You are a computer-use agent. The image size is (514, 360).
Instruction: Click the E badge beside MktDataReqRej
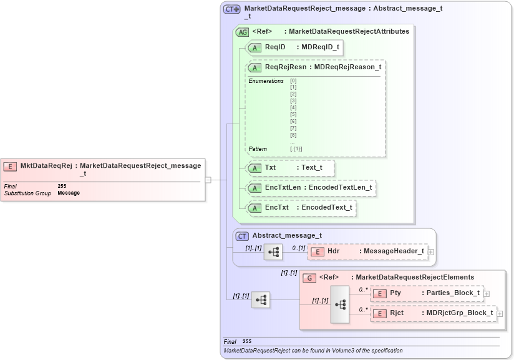(x=10, y=166)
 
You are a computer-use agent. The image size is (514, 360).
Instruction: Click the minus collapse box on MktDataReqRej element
(x=208, y=180)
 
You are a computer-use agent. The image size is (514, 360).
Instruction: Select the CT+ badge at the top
(x=232, y=9)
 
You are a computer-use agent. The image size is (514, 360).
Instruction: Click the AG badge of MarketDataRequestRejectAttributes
(x=242, y=31)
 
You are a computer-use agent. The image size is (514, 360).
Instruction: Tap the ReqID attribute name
(x=274, y=47)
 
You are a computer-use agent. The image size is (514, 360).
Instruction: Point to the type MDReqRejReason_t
(x=347, y=67)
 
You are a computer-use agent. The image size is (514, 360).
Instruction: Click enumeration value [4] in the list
(x=293, y=107)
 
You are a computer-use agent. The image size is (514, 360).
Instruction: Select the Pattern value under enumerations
(x=296, y=149)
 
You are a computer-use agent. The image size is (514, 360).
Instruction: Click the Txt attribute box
(x=290, y=168)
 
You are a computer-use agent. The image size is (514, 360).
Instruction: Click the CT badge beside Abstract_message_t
(x=242, y=236)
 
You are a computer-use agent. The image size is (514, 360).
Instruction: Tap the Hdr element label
(x=333, y=251)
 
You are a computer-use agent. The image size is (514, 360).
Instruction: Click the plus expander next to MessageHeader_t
(x=430, y=251)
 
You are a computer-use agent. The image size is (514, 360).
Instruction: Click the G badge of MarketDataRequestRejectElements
(x=309, y=278)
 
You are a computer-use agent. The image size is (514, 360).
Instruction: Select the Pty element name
(x=395, y=293)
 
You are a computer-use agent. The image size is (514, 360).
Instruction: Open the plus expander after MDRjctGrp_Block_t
(x=499, y=313)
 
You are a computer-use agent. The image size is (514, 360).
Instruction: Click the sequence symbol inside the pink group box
(x=340, y=304)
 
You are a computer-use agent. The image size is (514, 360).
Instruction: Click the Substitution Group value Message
(x=69, y=193)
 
